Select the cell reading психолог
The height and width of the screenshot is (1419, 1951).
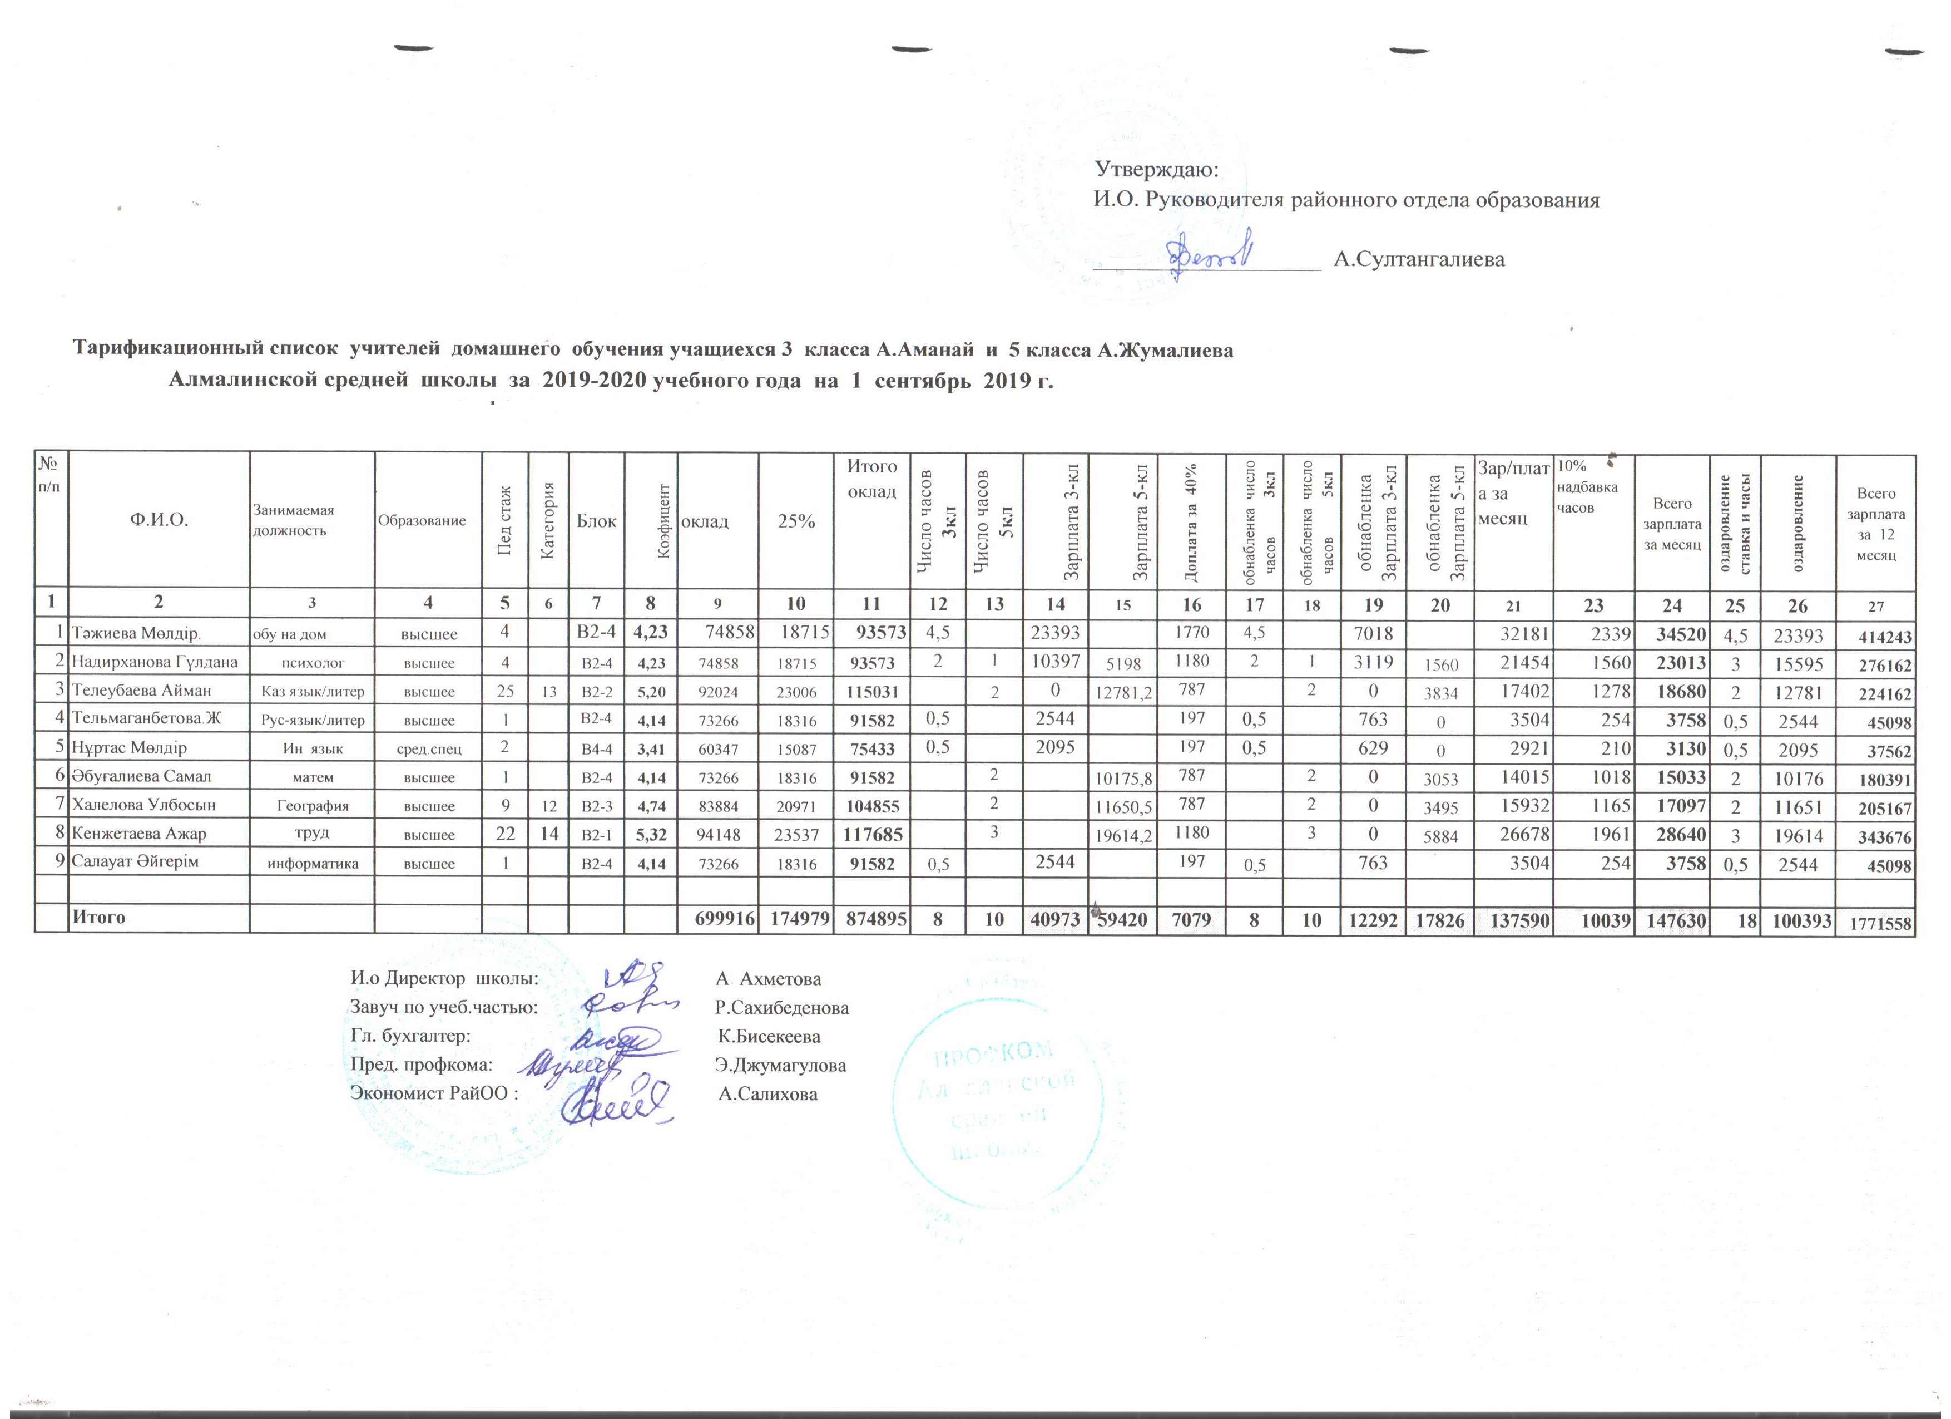(x=312, y=663)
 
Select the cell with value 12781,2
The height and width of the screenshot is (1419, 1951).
(x=1122, y=692)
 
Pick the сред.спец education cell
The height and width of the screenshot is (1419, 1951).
(x=428, y=750)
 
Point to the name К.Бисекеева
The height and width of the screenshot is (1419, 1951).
(x=769, y=1037)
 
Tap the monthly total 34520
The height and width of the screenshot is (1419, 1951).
(x=1671, y=635)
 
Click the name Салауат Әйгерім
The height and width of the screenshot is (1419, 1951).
(x=135, y=861)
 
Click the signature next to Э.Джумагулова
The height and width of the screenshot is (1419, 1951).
(x=593, y=1065)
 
